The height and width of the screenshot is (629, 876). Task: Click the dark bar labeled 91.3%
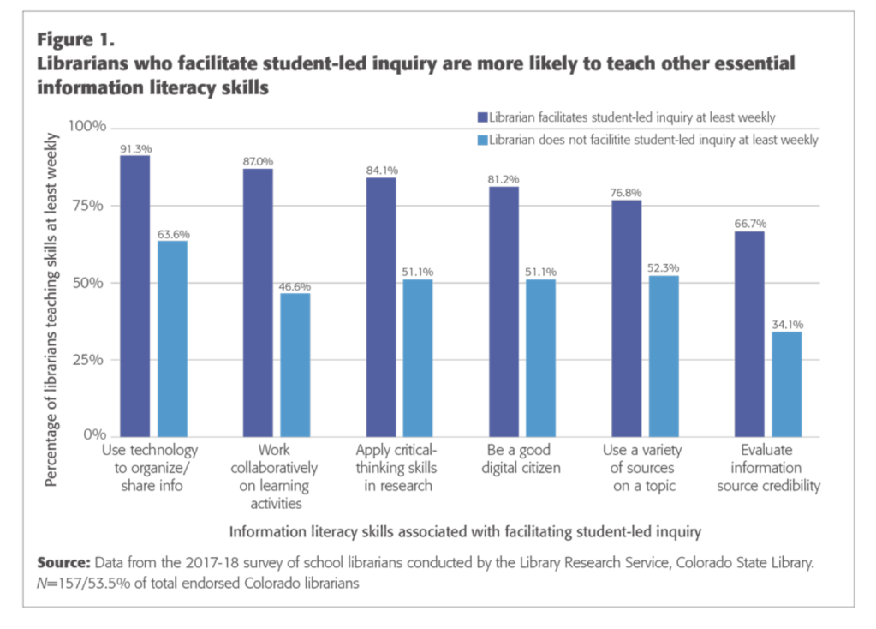135,295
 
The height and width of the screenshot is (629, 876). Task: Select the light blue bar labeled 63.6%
172,338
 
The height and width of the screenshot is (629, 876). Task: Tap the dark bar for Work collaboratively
258,302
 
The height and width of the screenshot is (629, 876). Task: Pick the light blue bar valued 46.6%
295,364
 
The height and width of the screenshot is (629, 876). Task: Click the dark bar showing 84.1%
381,306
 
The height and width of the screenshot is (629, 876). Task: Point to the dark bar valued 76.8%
627,317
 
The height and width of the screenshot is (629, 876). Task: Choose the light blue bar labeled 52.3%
664,355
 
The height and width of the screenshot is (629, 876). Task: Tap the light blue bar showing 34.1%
787,383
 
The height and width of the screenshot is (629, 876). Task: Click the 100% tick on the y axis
87,127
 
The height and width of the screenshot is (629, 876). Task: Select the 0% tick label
95,435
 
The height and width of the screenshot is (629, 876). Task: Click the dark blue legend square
481,117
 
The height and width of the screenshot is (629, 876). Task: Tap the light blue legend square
481,139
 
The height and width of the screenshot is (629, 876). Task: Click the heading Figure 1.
74,39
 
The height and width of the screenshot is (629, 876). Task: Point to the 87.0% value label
258,160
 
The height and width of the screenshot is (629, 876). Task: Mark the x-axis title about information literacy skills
466,531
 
